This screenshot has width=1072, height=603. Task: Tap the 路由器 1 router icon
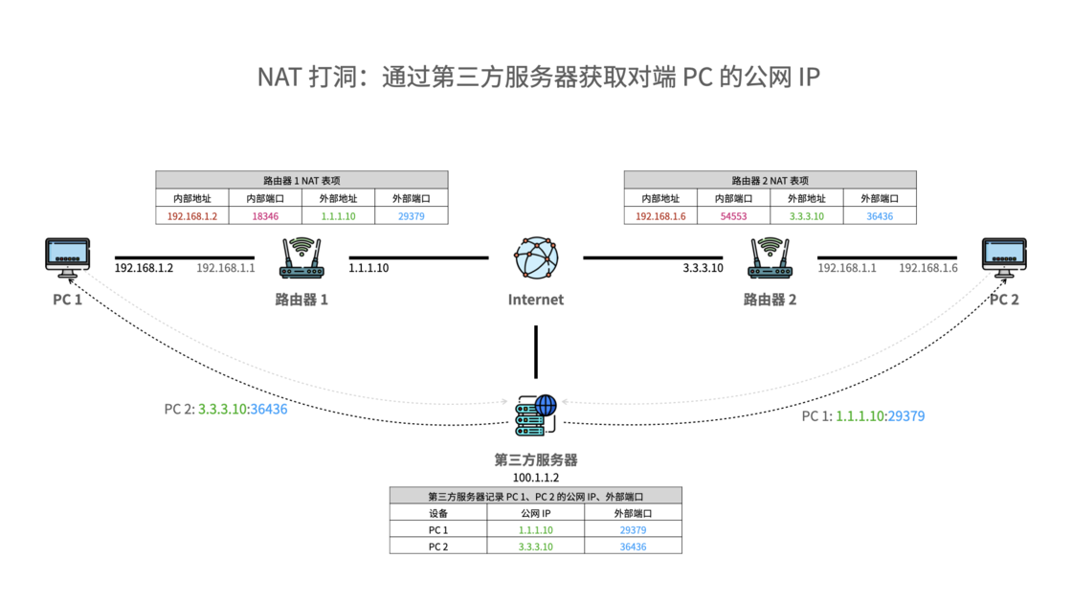point(301,258)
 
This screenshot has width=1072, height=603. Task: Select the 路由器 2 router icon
point(770,258)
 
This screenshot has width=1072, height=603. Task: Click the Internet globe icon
point(536,258)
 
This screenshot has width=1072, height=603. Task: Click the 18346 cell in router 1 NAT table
point(265,216)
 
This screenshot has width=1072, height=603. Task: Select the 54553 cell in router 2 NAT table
point(734,216)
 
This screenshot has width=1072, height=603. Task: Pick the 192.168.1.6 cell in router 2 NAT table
point(660,216)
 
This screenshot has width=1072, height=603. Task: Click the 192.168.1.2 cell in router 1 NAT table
point(192,216)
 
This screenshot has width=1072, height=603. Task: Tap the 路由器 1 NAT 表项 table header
point(301,180)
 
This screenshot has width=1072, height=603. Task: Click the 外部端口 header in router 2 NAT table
point(880,198)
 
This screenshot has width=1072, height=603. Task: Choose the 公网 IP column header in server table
point(536,513)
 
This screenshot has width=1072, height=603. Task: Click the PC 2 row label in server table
point(438,547)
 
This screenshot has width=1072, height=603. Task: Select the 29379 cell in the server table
point(633,530)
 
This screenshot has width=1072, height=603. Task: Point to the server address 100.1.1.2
point(536,477)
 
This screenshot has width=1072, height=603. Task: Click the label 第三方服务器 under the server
point(536,459)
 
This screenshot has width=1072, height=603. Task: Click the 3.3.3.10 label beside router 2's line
point(703,268)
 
